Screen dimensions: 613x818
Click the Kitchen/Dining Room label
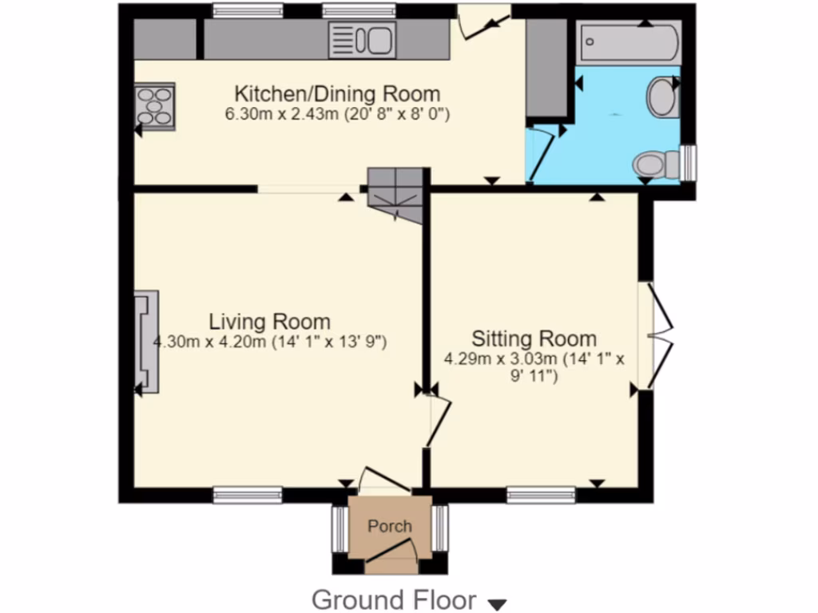coord(336,93)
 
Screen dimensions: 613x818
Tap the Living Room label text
coord(269,322)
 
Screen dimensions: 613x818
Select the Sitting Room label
coord(534,338)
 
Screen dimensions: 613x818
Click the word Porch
coord(390,526)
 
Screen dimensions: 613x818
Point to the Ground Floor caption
coord(393,599)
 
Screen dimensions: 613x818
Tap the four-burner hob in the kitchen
coord(154,105)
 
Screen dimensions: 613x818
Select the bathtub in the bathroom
coord(630,44)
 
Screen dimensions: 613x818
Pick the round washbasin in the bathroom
coord(662,97)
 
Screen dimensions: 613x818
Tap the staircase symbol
coord(395,195)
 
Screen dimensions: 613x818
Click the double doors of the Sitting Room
coord(661,333)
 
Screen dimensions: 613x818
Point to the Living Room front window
coord(248,496)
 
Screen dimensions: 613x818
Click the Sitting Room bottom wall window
coord(541,496)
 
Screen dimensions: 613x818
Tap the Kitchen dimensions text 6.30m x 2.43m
coord(338,114)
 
